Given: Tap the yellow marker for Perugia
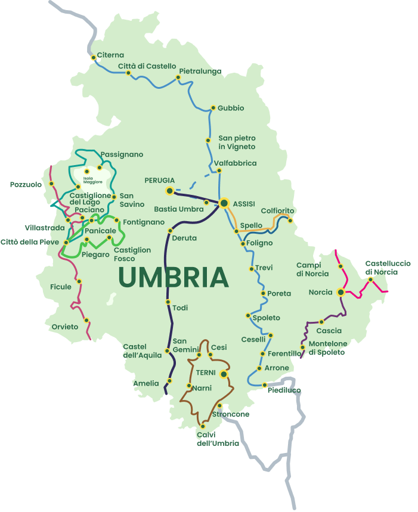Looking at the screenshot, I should click(170, 191).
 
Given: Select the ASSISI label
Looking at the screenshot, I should click(244, 204).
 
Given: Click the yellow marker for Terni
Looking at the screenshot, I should click(224, 374).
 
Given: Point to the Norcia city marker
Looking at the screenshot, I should click(340, 292).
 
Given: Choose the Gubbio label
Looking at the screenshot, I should click(231, 108).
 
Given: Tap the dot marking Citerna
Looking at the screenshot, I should click(94, 58).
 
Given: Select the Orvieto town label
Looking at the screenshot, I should click(65, 327).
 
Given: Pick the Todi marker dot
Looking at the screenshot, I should click(168, 302).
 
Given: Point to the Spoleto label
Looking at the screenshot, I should click(266, 318).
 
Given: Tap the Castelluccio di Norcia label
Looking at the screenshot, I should click(388, 268).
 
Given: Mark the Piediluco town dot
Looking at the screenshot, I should click(264, 385).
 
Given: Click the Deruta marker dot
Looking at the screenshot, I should click(170, 231).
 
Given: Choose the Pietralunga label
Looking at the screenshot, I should click(200, 71).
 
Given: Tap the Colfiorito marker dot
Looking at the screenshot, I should click(290, 221).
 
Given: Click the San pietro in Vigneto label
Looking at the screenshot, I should click(237, 142).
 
